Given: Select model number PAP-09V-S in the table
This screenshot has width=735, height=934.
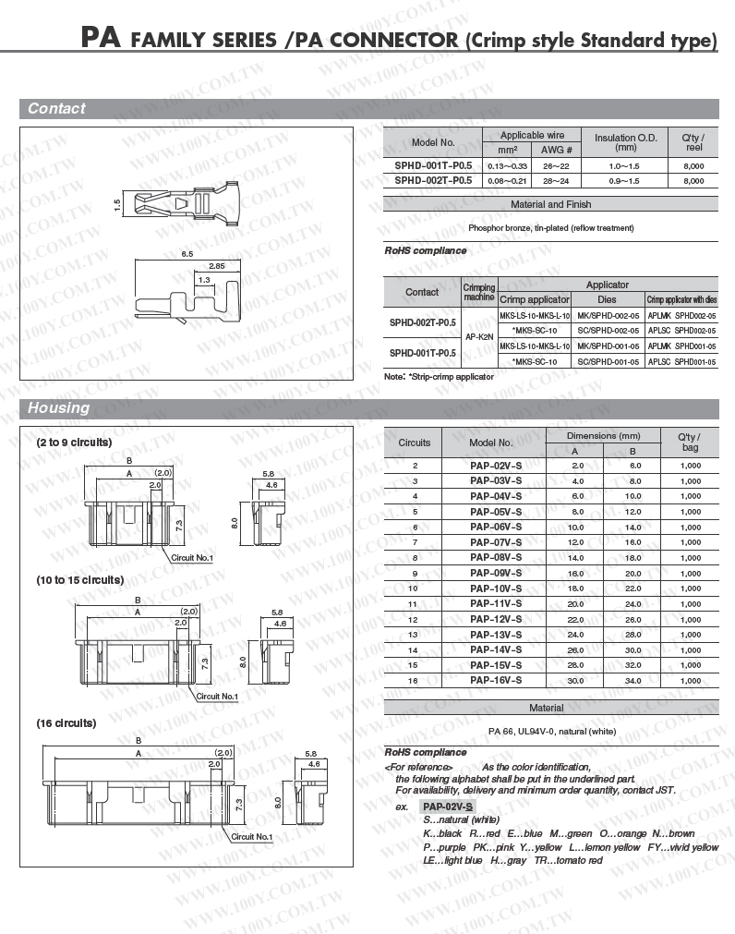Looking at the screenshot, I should coord(495,573).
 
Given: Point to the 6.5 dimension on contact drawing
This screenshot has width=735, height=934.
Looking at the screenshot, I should coord(187,253).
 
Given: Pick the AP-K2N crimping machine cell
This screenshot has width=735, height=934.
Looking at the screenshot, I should coord(479,337).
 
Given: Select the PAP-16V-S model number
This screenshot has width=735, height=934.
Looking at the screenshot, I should coord(495,680).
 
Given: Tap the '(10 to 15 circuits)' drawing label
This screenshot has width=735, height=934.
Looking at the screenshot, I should coord(80,580).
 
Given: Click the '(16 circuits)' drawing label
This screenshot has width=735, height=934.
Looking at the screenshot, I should coord(66,722).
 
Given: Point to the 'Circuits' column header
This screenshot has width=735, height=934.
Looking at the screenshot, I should coord(415,443).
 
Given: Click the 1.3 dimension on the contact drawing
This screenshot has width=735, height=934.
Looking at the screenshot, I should coord(204,279).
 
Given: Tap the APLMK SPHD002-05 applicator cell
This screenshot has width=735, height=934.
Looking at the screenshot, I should coord(681,315).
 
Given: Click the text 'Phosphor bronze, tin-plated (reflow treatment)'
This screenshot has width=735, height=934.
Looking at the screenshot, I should coord(550,227).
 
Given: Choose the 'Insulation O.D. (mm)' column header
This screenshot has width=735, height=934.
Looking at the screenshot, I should coord(625,142).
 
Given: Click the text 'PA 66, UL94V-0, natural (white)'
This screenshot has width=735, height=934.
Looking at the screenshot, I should coord(550,732).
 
